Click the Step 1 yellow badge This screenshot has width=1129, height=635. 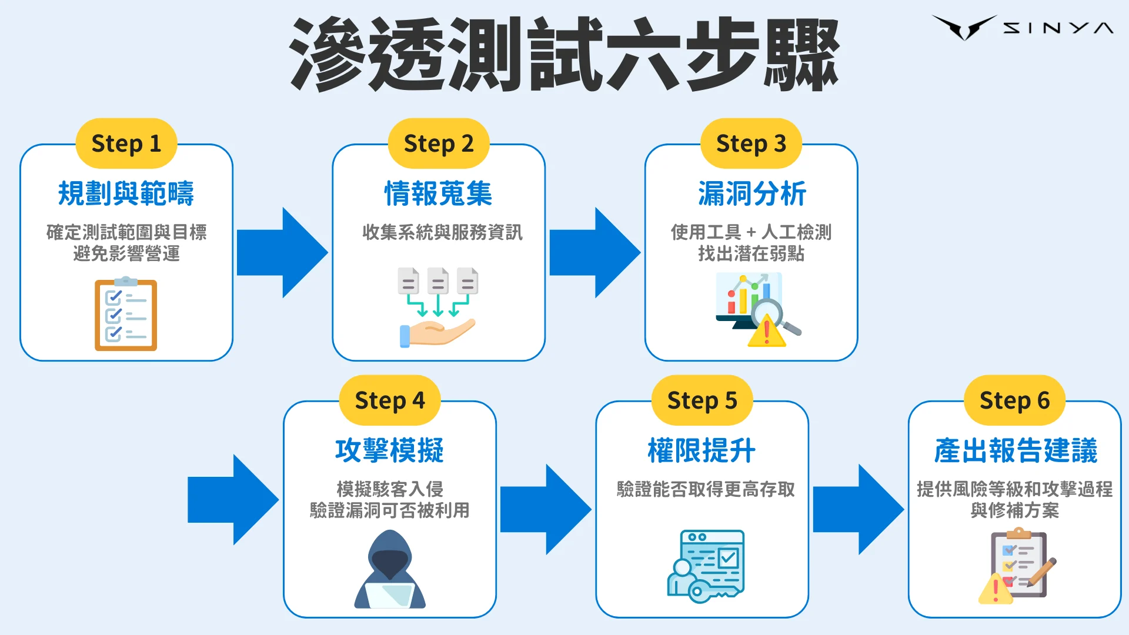coord(126,143)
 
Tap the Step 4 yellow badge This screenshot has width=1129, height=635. coord(389,400)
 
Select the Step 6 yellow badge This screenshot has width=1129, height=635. coord(1014,400)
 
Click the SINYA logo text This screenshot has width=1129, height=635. coord(1057,28)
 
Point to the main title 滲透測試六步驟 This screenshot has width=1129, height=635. coord(563,54)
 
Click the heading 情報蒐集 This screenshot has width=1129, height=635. coord(438,193)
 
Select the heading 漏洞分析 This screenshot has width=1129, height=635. coord(751,193)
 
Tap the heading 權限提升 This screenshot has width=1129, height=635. coord(702,450)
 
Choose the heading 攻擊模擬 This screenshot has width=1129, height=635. coord(389,450)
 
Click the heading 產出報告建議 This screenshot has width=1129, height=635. coord(1015,450)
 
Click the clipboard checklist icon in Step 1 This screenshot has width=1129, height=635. coord(126,315)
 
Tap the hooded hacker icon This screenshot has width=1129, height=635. coord(389,569)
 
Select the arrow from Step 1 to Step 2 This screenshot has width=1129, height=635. coord(282,252)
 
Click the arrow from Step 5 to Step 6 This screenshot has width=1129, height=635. coord(858,509)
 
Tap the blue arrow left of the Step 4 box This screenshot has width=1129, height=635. coord(233,499)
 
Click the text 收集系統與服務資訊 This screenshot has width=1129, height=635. coord(442,232)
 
